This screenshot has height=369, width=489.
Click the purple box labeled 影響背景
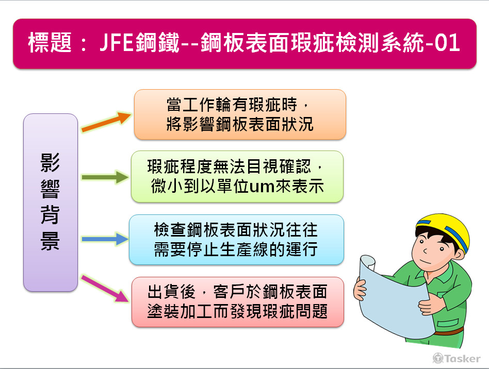(x=51, y=202)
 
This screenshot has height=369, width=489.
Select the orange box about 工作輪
(x=240, y=114)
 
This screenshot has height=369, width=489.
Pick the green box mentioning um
(x=237, y=176)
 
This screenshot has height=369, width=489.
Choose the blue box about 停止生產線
(x=236, y=240)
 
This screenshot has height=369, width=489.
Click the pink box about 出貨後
(x=238, y=301)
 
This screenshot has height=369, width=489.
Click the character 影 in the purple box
(x=51, y=164)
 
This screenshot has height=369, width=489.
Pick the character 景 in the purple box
(x=51, y=241)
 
